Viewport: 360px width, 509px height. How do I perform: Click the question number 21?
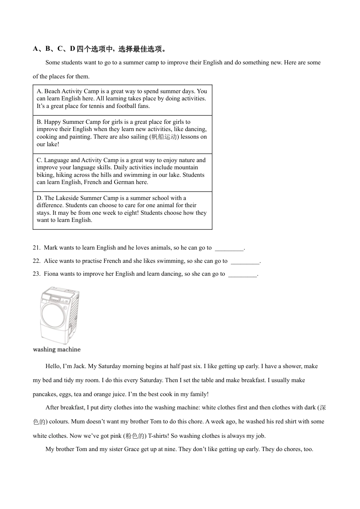click(36, 248)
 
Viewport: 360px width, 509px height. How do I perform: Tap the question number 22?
click(36, 261)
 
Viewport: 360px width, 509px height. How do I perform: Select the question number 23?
click(36, 274)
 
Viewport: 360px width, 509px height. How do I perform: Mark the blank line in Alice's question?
click(245, 262)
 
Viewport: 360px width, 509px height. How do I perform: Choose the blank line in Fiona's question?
click(243, 275)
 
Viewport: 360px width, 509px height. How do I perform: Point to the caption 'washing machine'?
click(57, 350)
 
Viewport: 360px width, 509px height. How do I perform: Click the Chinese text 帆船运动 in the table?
click(164, 137)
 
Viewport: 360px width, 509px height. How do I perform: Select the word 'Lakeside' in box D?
click(67, 198)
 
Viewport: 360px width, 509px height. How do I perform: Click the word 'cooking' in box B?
click(47, 137)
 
